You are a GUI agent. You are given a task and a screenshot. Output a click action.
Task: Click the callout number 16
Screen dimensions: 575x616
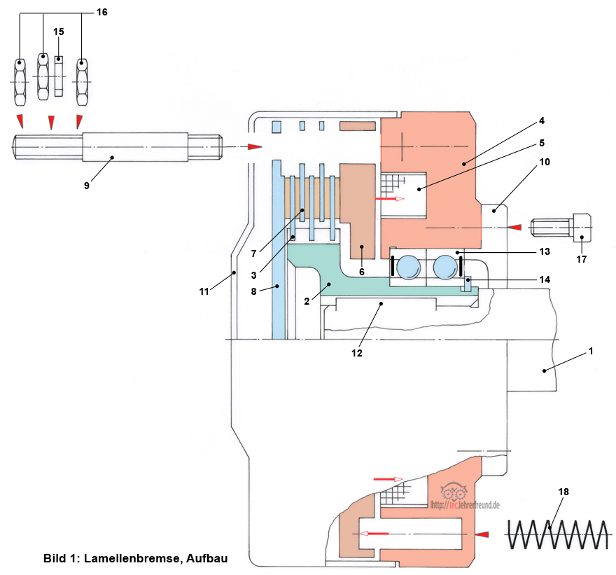point(101,12)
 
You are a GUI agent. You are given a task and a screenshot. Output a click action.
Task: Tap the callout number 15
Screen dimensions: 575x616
point(59,32)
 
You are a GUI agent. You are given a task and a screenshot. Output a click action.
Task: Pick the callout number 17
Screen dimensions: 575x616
point(580,258)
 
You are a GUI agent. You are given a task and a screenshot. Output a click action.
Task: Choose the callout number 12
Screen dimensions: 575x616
point(356,353)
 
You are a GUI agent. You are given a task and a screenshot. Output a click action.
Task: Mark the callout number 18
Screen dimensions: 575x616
point(564,492)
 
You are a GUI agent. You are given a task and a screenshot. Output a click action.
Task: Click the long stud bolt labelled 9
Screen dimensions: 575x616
point(118,146)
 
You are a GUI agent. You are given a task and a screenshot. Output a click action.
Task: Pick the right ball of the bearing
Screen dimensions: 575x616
point(447,268)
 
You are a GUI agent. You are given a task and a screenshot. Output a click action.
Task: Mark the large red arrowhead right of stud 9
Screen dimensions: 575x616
point(255,147)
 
